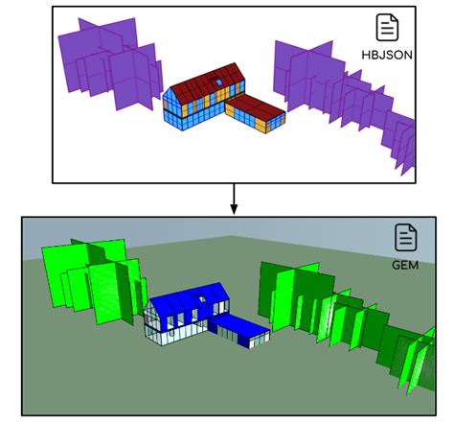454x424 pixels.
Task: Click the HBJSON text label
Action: [387, 55]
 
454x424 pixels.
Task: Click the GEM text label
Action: [405, 265]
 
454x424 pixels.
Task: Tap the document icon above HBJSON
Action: [387, 27]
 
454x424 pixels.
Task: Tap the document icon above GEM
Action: [405, 237]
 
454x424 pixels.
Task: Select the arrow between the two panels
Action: [234, 199]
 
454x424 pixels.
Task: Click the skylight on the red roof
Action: [219, 82]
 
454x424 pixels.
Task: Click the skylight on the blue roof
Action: [202, 299]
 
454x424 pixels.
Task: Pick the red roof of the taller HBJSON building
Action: [208, 82]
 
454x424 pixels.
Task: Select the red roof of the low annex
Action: [256, 106]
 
